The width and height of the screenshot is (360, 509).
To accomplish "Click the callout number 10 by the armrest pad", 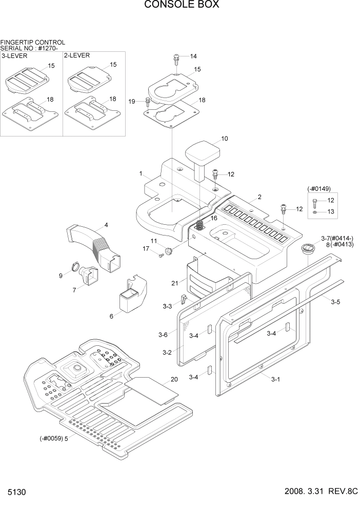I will pos(225,139).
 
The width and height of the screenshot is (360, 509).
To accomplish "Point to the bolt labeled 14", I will pos(176,58).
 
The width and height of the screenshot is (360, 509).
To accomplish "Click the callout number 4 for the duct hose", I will pos(106,225).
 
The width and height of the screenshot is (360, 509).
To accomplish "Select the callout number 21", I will pos(175,283).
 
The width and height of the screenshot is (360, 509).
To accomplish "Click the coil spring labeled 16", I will pos(201,224).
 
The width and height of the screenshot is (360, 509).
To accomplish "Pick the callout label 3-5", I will pos(335,302).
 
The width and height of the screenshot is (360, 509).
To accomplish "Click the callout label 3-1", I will pos(275,379).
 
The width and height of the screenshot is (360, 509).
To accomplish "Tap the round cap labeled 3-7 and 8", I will pos(308,248).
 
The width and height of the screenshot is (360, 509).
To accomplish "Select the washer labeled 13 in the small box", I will pos(315,211).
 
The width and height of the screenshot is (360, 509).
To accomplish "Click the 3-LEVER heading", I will pos(15,55).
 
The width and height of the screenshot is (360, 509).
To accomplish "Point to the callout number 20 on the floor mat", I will pos(174,380).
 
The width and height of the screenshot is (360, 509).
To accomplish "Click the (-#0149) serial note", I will pos(321,188).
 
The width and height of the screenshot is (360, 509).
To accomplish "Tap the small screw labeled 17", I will pos(160,256).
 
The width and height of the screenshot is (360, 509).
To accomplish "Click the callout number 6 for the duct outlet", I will pos(111,316).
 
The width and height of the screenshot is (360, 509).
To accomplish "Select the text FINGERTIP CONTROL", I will pos(33,42).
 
